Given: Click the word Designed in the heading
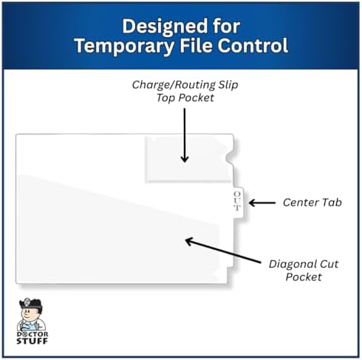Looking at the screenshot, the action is [165, 26].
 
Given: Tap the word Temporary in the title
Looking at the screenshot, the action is [123, 46].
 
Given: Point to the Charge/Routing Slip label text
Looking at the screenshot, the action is [185, 85].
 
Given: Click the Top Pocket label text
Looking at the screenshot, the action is [185, 98].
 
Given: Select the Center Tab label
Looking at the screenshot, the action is [313, 203].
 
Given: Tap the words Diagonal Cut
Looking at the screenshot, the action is [304, 264].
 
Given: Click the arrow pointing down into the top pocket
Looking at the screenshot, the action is [185, 135].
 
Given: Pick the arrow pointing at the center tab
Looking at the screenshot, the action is [262, 203].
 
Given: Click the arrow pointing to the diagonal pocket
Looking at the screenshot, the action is [223, 251].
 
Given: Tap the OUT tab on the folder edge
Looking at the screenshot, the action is [238, 202].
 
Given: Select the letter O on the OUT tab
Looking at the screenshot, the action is [237, 194].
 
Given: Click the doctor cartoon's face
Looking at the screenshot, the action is [27, 313].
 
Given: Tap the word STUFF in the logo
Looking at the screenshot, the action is [32, 341].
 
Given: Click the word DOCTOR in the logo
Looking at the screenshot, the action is [33, 334].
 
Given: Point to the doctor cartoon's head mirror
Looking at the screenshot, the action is [27, 302].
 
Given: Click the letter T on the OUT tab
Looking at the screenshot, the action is [237, 208].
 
